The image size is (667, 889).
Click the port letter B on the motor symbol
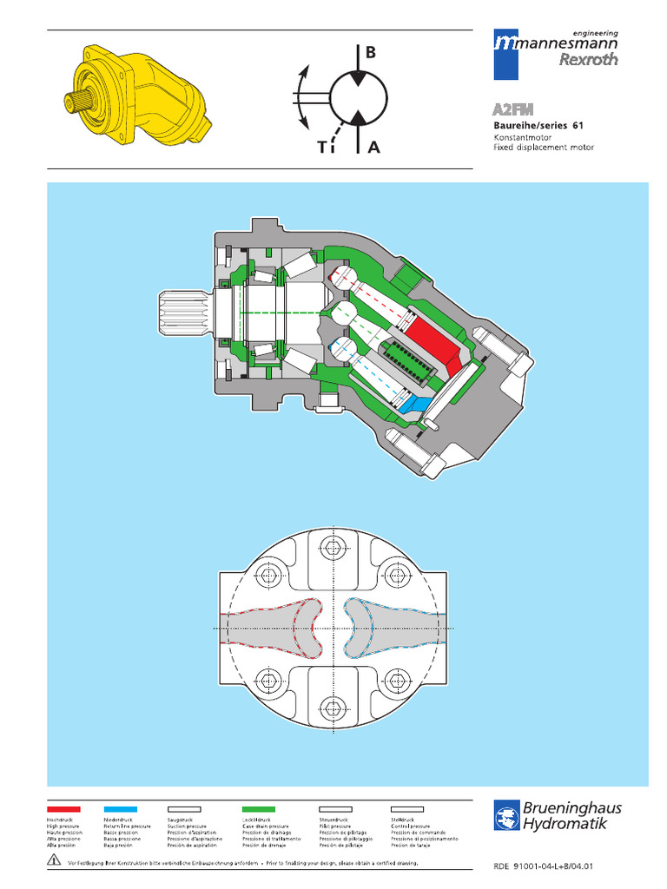tap(371, 53)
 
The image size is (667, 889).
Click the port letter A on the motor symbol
tap(373, 148)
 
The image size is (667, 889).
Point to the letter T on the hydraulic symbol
tap(322, 148)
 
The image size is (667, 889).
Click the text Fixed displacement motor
tap(544, 148)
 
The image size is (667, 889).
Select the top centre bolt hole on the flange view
tap(333, 548)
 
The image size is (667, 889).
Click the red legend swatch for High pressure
tap(63, 808)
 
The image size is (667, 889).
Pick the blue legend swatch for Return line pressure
tap(120, 808)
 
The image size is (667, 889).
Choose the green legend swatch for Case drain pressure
tap(259, 808)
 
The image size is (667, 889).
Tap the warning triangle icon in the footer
tap(54, 859)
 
